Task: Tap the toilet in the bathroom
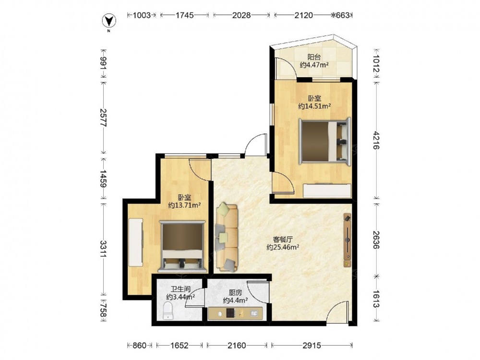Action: click(x=168, y=311)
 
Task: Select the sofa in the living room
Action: click(x=227, y=237)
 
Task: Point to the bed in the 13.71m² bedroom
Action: click(x=182, y=247)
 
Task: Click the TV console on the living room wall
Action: click(x=347, y=240)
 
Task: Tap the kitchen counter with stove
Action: click(x=235, y=313)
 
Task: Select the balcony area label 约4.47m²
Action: click(x=314, y=65)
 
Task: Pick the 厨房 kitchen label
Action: click(x=235, y=293)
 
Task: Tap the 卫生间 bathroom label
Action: click(x=180, y=289)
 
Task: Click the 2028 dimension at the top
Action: click(x=241, y=15)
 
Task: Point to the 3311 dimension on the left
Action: click(x=104, y=249)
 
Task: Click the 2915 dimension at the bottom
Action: click(x=312, y=345)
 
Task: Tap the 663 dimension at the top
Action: click(x=343, y=15)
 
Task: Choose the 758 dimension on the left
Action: click(x=104, y=311)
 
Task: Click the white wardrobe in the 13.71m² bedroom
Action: click(x=136, y=242)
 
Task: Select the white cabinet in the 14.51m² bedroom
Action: click(x=326, y=191)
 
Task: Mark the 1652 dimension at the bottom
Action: click(x=180, y=345)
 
